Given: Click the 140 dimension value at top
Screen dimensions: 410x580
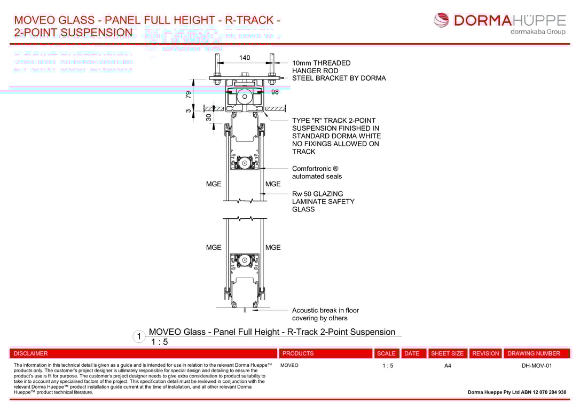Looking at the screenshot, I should pyautogui.click(x=244, y=58).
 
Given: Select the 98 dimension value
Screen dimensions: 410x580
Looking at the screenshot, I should pyautogui.click(x=275, y=92).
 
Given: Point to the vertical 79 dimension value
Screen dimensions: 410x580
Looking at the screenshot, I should pyautogui.click(x=189, y=94).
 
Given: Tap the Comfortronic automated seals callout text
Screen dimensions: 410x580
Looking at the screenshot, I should pyautogui.click(x=317, y=172).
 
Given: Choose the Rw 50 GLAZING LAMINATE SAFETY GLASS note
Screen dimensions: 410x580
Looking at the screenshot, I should pyautogui.click(x=323, y=202).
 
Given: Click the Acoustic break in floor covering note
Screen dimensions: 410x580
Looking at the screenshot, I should pyautogui.click(x=325, y=314).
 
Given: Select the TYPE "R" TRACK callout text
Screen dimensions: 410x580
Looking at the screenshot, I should pyautogui.click(x=336, y=136).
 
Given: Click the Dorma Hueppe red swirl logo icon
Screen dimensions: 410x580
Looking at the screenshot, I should pyautogui.click(x=442, y=20).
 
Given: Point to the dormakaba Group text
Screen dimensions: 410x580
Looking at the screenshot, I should pyautogui.click(x=538, y=32).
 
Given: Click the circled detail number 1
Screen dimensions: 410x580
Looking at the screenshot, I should pyautogui.click(x=139, y=337).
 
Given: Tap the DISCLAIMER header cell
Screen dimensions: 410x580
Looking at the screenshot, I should pyautogui.click(x=31, y=353).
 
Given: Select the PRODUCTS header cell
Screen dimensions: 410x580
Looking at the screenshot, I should pyautogui.click(x=298, y=353).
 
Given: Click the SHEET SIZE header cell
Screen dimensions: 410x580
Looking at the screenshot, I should pyautogui.click(x=448, y=353).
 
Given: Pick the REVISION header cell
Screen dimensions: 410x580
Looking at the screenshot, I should pyautogui.click(x=485, y=353).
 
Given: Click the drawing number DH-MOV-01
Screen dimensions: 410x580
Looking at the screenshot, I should pyautogui.click(x=537, y=366).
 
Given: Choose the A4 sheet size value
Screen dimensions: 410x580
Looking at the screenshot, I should pyautogui.click(x=448, y=366).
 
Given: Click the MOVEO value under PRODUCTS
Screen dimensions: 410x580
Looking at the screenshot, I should pyautogui.click(x=289, y=366).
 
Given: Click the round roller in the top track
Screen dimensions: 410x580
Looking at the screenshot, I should pyautogui.click(x=245, y=97).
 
